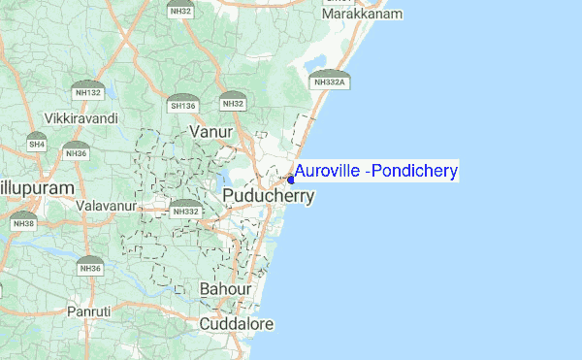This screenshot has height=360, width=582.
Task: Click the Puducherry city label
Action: pyautogui.click(x=269, y=196)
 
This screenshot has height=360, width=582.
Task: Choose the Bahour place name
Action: pyautogui.click(x=225, y=289)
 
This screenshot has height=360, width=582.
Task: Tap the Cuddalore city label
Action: pyautogui.click(x=236, y=323)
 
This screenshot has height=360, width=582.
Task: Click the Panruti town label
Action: pyautogui.click(x=89, y=311)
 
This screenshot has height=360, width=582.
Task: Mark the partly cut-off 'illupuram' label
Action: pyautogui.click(x=37, y=185)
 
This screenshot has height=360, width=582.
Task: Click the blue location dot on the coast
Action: pyautogui.click(x=290, y=180)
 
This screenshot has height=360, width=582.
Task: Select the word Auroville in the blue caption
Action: pyautogui.click(x=330, y=172)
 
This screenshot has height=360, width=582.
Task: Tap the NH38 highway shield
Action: pyautogui.click(x=23, y=221)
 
